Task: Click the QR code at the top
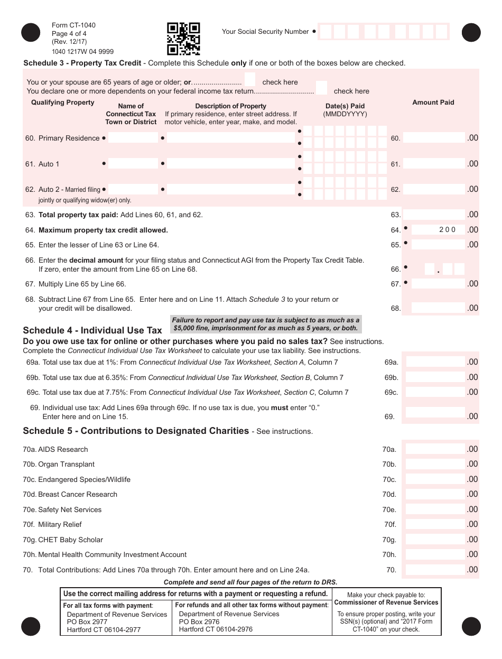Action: (x=183, y=39)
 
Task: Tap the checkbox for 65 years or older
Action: (x=250, y=80)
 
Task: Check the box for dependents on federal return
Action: (x=321, y=88)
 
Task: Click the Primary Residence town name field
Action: (x=133, y=138)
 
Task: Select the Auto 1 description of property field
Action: (x=230, y=164)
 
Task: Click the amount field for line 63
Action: (x=434, y=215)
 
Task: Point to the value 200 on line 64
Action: (x=447, y=230)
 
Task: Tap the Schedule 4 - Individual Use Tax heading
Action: (x=92, y=330)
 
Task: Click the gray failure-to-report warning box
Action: (x=266, y=324)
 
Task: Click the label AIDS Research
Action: (x=63, y=450)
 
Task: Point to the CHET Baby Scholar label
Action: (x=70, y=540)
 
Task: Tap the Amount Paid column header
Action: (x=433, y=103)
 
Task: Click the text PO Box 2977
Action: (x=87, y=622)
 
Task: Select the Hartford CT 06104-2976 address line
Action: (x=216, y=629)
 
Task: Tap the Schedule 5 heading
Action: (x=136, y=431)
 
